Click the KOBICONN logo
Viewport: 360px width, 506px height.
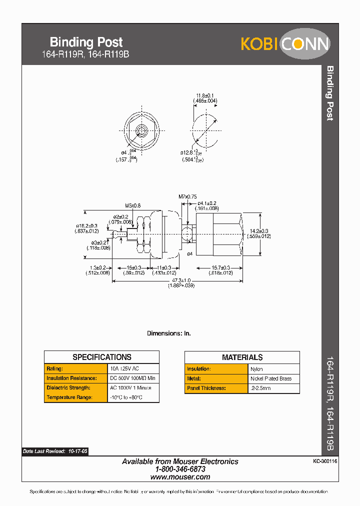click(x=285, y=44)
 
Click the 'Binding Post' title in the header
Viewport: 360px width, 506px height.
click(x=86, y=42)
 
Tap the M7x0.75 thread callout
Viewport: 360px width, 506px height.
click(x=187, y=196)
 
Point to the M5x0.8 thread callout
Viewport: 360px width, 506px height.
click(x=133, y=205)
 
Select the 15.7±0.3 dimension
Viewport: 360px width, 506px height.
click(x=220, y=268)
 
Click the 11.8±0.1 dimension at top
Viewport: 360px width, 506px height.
click(x=205, y=95)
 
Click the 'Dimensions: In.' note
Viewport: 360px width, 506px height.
click(x=168, y=333)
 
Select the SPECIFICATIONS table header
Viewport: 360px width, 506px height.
click(x=102, y=357)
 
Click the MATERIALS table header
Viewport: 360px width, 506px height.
click(x=242, y=357)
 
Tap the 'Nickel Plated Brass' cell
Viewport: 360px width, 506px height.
click(x=271, y=378)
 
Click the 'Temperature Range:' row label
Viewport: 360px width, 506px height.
click(x=69, y=397)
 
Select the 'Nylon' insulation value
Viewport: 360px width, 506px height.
click(x=256, y=369)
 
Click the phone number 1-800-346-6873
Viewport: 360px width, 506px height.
click(x=180, y=469)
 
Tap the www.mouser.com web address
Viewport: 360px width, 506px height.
click(x=180, y=477)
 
